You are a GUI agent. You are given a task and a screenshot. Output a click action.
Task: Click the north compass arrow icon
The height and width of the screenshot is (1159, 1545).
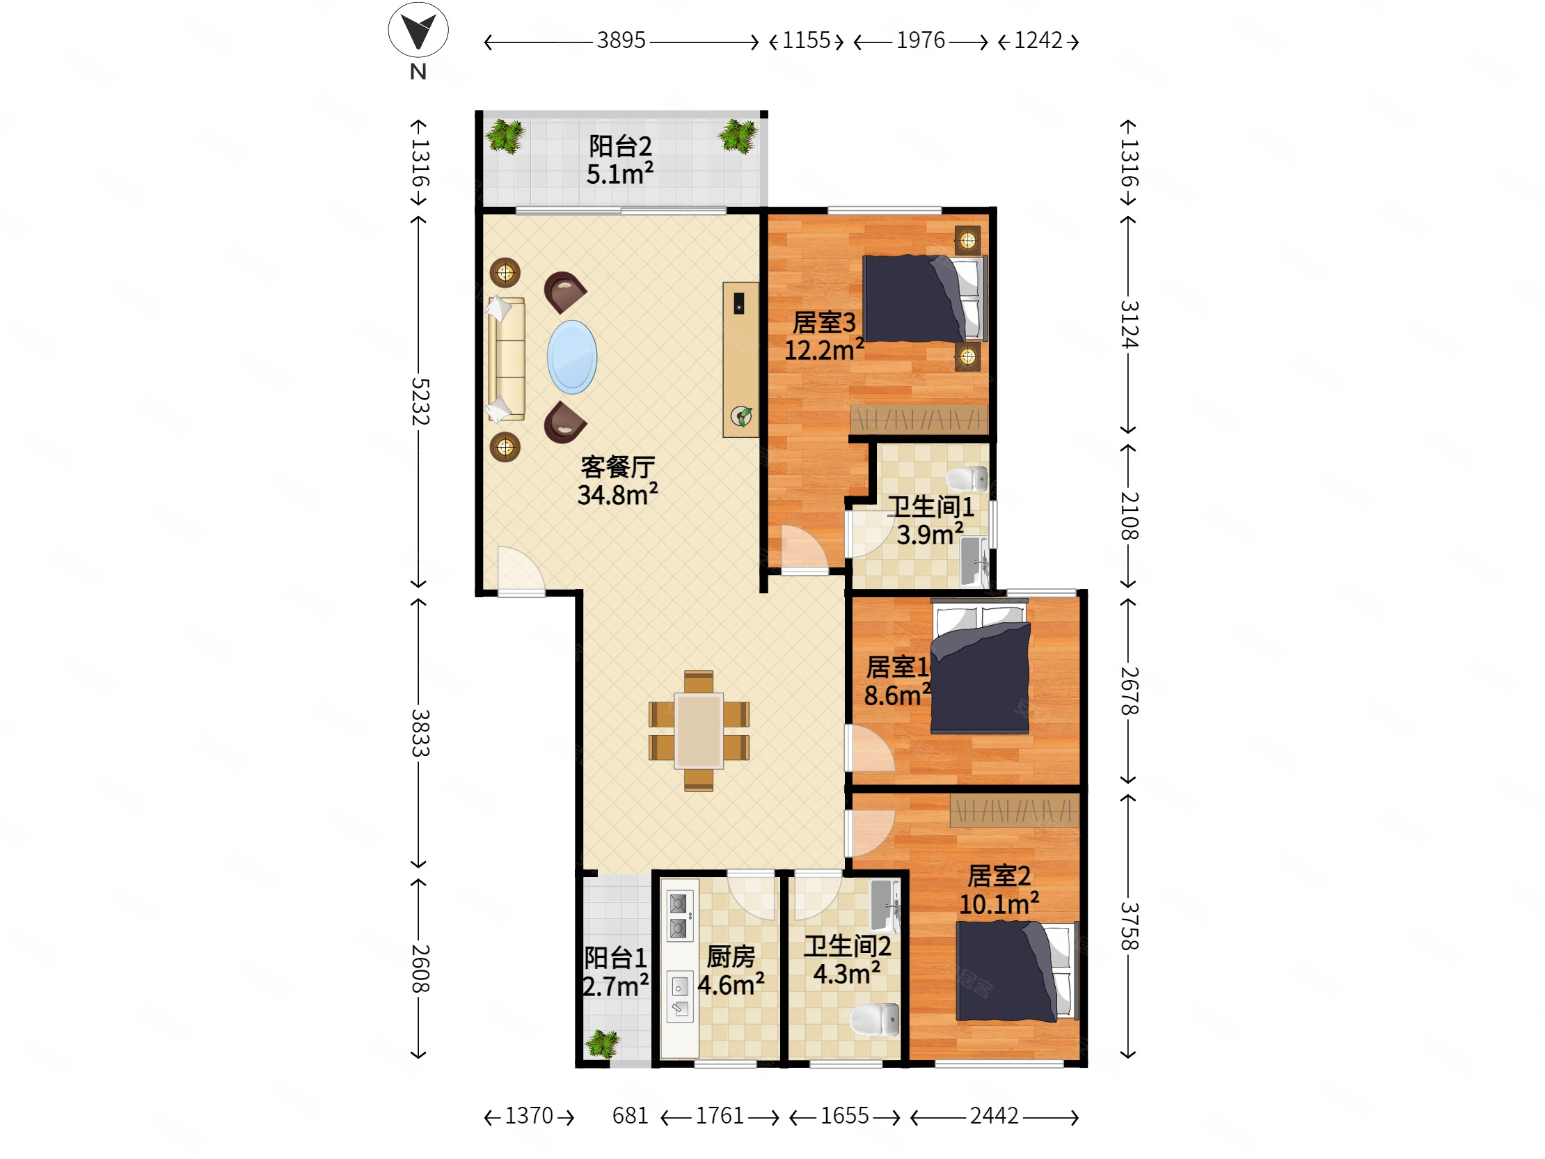(x=418, y=30)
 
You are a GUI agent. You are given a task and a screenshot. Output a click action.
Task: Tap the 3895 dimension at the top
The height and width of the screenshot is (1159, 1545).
(x=621, y=40)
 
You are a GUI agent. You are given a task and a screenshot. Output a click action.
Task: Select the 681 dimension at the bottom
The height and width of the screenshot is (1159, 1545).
(x=630, y=1116)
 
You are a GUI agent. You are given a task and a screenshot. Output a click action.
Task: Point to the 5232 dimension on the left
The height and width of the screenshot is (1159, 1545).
(x=420, y=402)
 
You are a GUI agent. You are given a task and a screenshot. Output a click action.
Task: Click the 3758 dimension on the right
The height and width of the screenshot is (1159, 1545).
(x=1129, y=927)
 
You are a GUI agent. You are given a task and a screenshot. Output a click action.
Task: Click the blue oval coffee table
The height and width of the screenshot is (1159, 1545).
(x=572, y=357)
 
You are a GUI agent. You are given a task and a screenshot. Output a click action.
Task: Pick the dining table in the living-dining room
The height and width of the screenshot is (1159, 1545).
(x=699, y=731)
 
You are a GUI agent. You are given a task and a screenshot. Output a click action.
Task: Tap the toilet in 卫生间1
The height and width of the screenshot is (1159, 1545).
(x=967, y=479)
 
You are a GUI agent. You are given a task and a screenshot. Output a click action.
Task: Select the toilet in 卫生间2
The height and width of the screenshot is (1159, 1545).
(x=875, y=1020)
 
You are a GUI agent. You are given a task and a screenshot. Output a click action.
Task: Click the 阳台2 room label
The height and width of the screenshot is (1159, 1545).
(x=620, y=146)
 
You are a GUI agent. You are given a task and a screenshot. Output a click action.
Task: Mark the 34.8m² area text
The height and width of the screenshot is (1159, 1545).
(x=617, y=494)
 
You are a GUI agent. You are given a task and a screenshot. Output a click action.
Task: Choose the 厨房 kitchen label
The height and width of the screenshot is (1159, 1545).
(x=731, y=956)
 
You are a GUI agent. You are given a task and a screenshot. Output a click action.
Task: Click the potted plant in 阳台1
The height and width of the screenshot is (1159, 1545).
(x=602, y=1044)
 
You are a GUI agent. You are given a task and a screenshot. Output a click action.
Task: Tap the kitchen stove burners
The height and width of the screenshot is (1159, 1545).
(x=679, y=916)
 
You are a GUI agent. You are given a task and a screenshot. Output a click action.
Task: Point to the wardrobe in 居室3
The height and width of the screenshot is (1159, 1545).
(x=919, y=419)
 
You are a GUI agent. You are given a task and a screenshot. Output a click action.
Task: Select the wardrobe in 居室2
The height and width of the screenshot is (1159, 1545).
(x=1014, y=810)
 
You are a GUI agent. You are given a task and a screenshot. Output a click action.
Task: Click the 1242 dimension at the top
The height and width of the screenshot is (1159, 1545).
(x=1038, y=40)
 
